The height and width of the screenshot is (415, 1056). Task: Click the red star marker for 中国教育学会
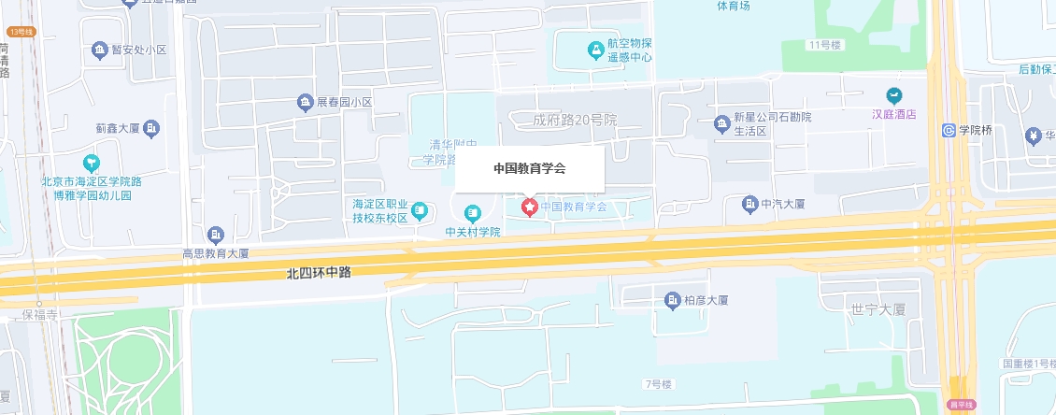point(529,206)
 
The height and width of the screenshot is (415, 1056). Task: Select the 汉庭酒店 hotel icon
point(894,95)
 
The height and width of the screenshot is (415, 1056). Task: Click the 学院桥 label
point(975,130)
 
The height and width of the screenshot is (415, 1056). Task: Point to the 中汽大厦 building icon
point(749,203)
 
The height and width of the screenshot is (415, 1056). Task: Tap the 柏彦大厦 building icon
point(672,299)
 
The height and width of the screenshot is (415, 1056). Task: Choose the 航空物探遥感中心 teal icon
point(594,48)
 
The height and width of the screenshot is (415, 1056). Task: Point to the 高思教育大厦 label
point(216,253)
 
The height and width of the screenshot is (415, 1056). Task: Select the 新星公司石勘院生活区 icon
point(721,122)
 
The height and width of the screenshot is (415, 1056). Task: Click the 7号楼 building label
point(658,384)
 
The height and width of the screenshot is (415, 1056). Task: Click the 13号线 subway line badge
point(20,33)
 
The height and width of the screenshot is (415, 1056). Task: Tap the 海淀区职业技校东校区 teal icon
point(420,210)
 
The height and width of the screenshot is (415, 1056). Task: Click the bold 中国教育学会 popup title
point(530,169)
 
